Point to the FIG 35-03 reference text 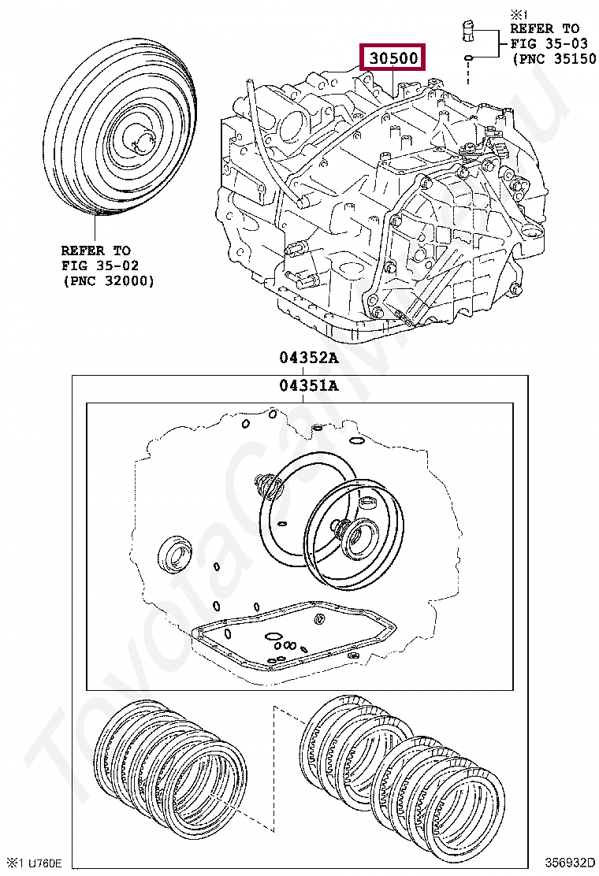tap(545, 43)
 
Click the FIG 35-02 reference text tap(95, 265)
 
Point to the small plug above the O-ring tap(468, 32)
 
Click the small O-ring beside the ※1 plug tap(468, 58)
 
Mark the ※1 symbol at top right tap(519, 13)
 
